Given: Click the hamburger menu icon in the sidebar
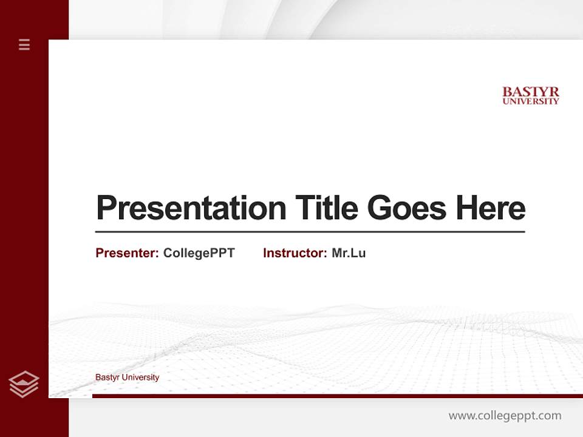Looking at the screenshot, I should (x=24, y=44).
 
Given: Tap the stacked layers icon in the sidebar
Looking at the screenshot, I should (x=24, y=384).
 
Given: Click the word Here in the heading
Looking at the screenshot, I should (x=491, y=208).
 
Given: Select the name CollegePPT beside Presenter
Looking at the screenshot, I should (x=199, y=253).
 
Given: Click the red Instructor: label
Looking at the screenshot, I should (x=295, y=253).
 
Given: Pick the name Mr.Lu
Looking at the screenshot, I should (x=349, y=253).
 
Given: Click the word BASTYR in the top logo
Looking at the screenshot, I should (x=531, y=92).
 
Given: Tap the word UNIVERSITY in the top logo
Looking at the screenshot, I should (x=531, y=101).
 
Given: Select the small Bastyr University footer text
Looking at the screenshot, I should (x=128, y=378).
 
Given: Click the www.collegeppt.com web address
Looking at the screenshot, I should (x=505, y=416).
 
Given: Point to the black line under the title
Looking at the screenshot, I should (x=310, y=231).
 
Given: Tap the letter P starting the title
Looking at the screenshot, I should (x=106, y=208).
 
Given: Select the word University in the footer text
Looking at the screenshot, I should (x=141, y=378).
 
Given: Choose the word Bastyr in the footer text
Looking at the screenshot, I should (x=107, y=378).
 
